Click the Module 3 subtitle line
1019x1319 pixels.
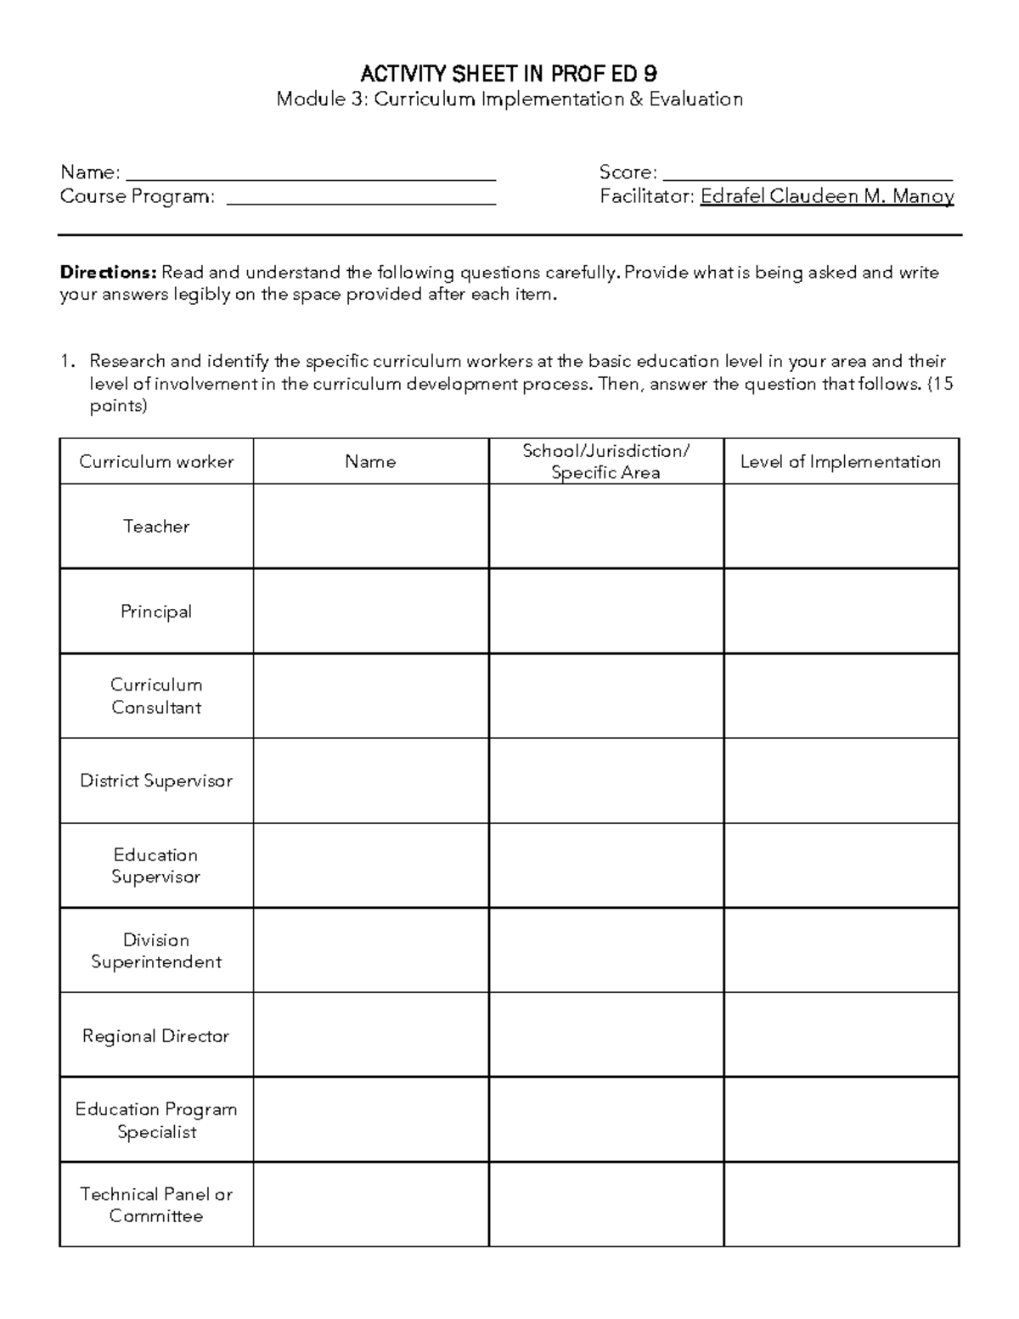click(x=509, y=99)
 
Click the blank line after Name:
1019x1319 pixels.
click(x=311, y=175)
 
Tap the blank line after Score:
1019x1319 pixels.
click(x=807, y=175)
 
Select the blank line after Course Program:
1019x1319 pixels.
click(x=362, y=199)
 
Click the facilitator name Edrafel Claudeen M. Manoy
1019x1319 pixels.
click(x=827, y=196)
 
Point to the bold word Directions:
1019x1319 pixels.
click(x=108, y=273)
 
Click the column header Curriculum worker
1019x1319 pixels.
click(x=156, y=461)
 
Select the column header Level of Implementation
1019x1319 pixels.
click(x=841, y=461)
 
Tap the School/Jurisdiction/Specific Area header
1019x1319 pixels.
click(x=605, y=461)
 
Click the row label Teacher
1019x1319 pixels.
click(x=156, y=526)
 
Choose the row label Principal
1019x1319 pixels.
click(x=156, y=612)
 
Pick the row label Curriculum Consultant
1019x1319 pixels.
click(x=156, y=696)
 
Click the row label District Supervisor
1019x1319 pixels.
click(x=156, y=781)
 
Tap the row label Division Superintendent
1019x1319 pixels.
click(x=156, y=950)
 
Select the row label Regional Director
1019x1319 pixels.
click(x=156, y=1035)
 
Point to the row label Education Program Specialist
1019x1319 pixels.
click(x=156, y=1120)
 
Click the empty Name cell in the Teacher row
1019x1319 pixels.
click(x=370, y=526)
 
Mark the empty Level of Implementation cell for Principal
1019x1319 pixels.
click(x=841, y=611)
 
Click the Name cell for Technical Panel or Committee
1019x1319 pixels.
click(x=370, y=1204)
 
